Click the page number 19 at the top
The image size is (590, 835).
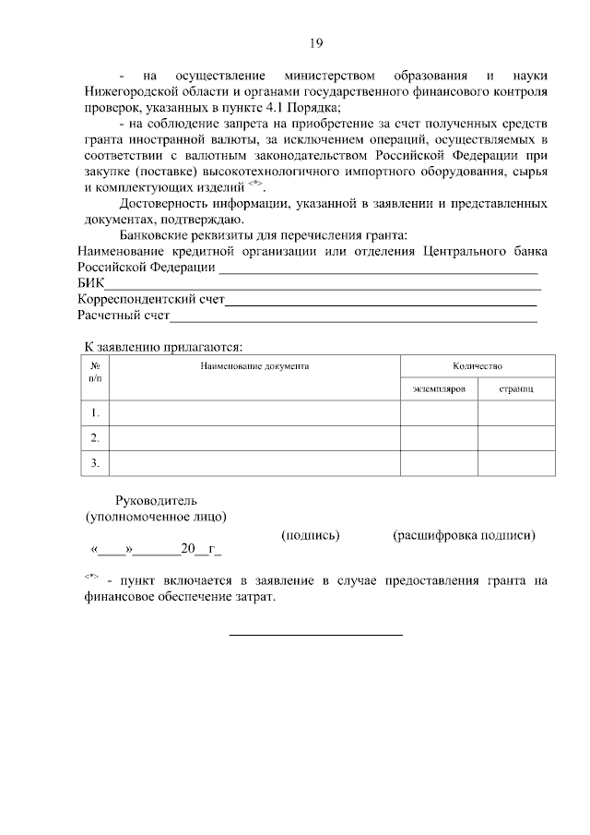point(315,42)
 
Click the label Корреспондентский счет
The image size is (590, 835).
point(151,301)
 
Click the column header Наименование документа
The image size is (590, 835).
point(254,366)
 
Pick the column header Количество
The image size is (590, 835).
point(477,366)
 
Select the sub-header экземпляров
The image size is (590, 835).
point(438,389)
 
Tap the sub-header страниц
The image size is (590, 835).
point(515,389)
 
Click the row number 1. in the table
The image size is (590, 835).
point(95,412)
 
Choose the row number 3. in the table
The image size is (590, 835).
point(95,462)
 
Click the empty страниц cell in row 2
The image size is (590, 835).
point(515,437)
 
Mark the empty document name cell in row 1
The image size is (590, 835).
point(254,412)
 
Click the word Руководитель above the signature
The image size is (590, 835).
point(156,500)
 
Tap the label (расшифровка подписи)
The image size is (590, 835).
point(464,534)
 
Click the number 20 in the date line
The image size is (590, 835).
point(188,550)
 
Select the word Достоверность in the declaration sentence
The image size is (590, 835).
point(166,203)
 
